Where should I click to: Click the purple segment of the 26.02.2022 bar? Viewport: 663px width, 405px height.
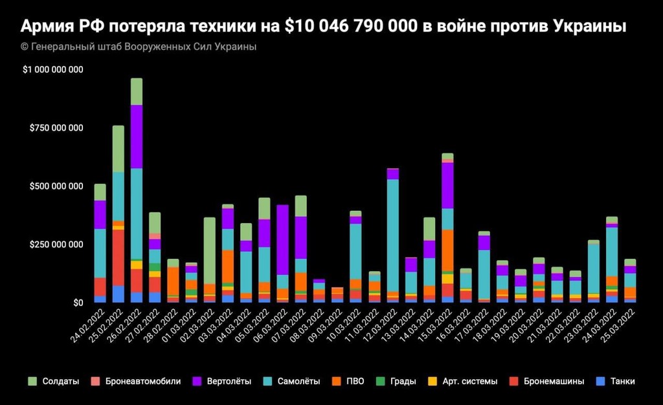(x=136, y=136)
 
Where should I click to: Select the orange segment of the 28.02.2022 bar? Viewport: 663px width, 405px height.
(x=173, y=281)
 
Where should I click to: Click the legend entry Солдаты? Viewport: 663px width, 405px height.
(x=55, y=382)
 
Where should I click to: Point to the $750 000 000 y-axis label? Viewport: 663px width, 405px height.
(x=56, y=128)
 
